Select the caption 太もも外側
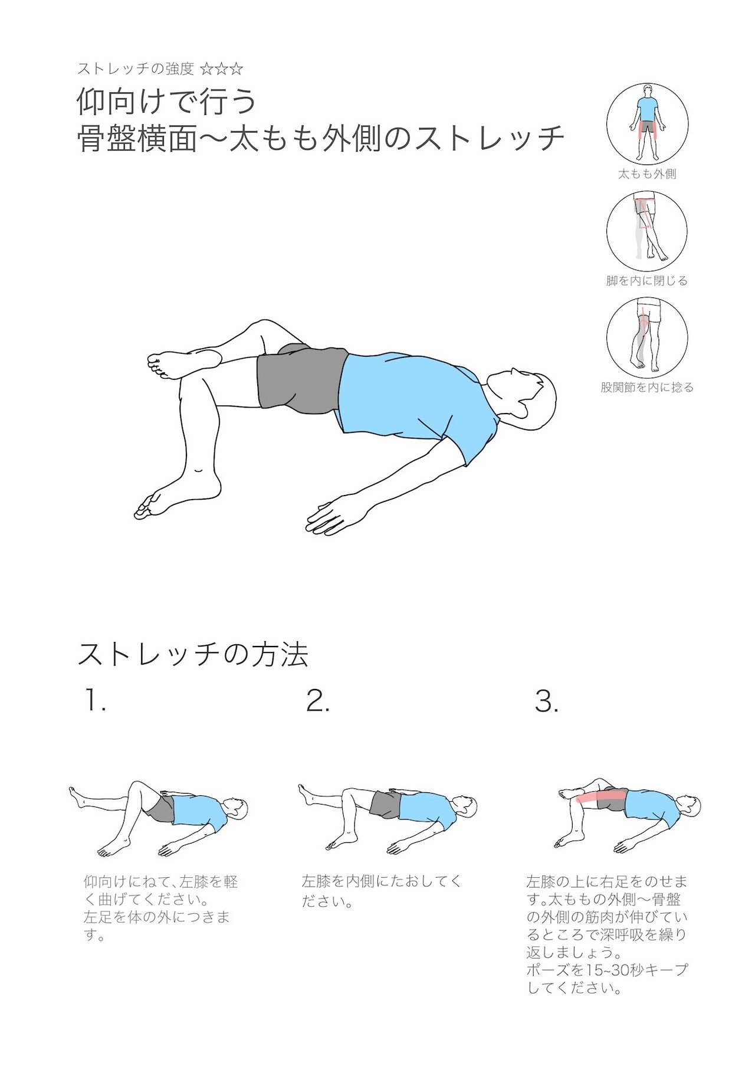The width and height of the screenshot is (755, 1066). [647, 174]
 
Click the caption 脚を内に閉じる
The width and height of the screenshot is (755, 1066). [647, 281]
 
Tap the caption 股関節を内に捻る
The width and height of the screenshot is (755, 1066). [647, 388]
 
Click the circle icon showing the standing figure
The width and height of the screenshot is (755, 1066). [647, 124]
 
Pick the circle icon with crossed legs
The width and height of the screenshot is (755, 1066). [647, 231]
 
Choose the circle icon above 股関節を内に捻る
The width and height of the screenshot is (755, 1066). [647, 337]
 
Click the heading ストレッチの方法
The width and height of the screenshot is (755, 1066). [193, 655]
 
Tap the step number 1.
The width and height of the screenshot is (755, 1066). [94, 701]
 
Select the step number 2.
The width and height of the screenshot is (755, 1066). [317, 701]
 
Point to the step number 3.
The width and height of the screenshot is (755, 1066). [546, 701]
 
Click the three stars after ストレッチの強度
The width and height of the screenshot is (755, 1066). [222, 69]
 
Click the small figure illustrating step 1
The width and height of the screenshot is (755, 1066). [159, 817]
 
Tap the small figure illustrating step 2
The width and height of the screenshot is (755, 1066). [386, 817]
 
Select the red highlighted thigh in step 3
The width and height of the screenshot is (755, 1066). [596, 798]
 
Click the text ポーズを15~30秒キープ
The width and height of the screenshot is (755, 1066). [607, 970]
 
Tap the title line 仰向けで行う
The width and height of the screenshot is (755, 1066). [166, 101]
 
